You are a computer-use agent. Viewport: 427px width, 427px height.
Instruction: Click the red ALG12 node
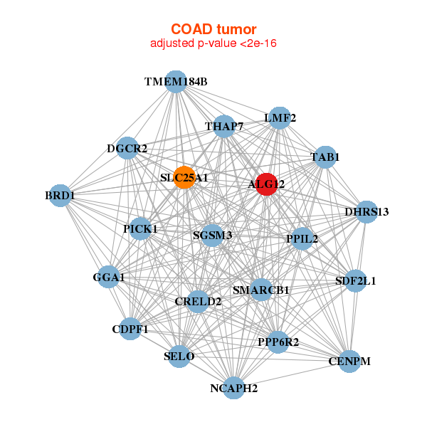[267, 184]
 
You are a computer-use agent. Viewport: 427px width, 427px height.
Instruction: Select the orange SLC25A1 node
[184, 177]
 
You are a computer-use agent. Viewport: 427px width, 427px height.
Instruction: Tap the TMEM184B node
[176, 82]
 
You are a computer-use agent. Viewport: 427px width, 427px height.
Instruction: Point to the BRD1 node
[60, 196]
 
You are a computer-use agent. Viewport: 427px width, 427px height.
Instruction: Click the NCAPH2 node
[234, 388]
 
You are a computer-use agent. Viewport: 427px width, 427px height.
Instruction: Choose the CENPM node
[349, 362]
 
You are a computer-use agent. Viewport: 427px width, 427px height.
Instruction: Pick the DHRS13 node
[367, 212]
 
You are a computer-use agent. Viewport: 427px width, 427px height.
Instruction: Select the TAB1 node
[325, 157]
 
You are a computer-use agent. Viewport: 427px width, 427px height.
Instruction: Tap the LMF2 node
[280, 118]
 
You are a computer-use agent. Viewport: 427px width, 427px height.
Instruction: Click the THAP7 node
[224, 127]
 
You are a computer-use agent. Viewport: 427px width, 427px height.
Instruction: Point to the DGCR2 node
[127, 149]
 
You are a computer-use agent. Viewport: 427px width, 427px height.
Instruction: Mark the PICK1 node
[140, 228]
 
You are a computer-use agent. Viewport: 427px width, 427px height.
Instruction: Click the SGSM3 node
[212, 236]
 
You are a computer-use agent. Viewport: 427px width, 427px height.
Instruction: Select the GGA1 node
[109, 277]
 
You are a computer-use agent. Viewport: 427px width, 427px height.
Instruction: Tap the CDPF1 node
[130, 329]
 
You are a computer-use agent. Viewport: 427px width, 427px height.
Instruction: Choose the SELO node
[179, 357]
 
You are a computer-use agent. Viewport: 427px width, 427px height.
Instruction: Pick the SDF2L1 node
[355, 281]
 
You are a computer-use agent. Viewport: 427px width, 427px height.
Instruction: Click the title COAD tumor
[213, 29]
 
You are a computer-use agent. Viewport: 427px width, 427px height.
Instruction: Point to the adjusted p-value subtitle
[213, 43]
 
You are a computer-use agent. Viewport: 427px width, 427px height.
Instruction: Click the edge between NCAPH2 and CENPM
[292, 375]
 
